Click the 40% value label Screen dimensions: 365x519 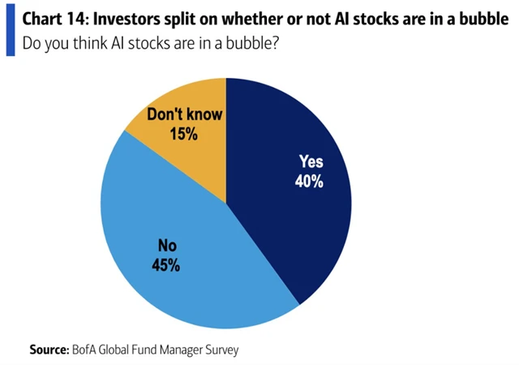(x=309, y=182)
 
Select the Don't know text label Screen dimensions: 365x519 (x=183, y=114)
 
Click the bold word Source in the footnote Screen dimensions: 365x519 (x=49, y=350)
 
